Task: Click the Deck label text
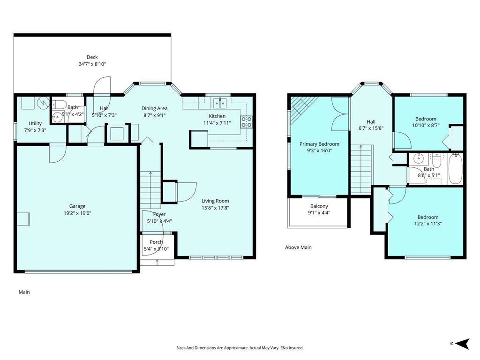(x=92, y=57)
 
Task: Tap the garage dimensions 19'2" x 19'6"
(x=77, y=212)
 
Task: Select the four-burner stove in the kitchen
(x=247, y=122)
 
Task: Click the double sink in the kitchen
(x=219, y=102)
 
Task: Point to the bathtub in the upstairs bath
(x=455, y=169)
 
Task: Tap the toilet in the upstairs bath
(x=436, y=161)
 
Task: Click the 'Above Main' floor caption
(x=298, y=247)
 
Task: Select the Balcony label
(x=319, y=206)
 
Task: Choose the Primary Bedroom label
(x=319, y=144)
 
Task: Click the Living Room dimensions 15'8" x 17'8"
(x=215, y=208)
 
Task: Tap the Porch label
(x=156, y=242)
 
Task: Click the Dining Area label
(x=155, y=109)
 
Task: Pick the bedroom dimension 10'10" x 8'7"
(x=426, y=126)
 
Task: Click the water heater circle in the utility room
(x=43, y=102)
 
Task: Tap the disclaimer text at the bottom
(x=240, y=348)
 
